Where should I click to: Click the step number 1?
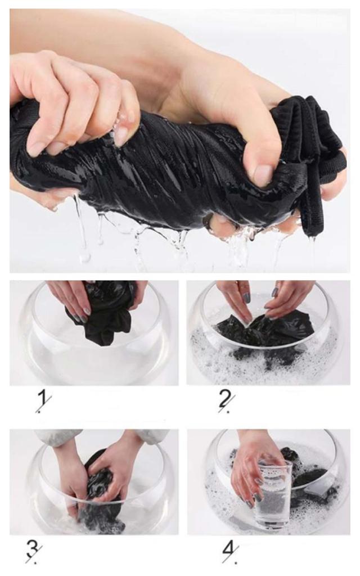click(x=43, y=402)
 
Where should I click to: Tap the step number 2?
click(x=226, y=402)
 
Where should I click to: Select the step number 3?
click(x=33, y=551)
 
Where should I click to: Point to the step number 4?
click(x=230, y=551)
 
